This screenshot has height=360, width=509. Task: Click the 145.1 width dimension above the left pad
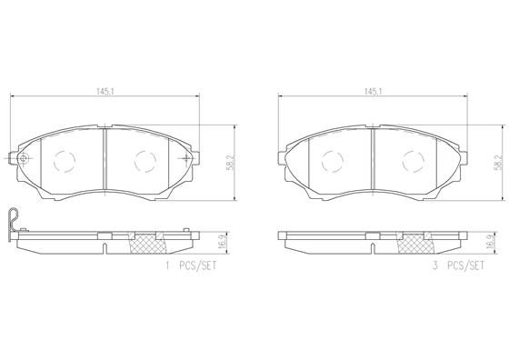click(105, 92)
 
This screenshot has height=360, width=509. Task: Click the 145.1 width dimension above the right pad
click(373, 92)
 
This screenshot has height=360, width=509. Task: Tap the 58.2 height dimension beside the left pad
click(231, 163)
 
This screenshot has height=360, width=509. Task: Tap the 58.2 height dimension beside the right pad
click(498, 163)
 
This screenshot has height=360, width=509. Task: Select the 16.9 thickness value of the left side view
click(223, 242)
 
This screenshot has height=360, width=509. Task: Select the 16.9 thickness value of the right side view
click(491, 242)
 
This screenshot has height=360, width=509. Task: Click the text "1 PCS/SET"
click(191, 265)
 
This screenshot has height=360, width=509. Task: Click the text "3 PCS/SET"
click(458, 265)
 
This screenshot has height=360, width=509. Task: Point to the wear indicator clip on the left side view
click(13, 221)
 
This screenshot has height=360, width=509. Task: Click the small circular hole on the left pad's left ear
click(24, 159)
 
